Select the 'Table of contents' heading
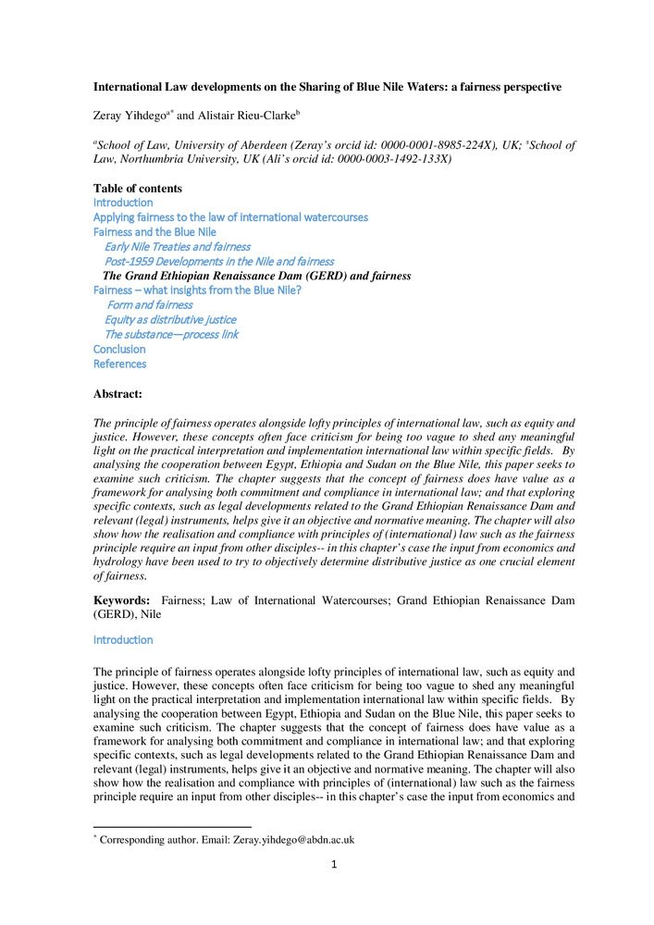(x=138, y=189)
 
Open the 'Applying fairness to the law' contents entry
(x=230, y=217)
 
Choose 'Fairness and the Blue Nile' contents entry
(x=154, y=232)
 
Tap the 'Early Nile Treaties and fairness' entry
(x=177, y=247)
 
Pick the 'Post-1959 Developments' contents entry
(x=219, y=262)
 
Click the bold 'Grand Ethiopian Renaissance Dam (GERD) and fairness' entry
(x=256, y=276)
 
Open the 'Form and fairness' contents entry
(x=150, y=305)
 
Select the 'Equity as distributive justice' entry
(x=170, y=320)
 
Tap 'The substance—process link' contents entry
(x=171, y=334)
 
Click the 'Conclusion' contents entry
(x=119, y=350)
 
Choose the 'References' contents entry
(x=119, y=364)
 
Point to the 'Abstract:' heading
(x=117, y=395)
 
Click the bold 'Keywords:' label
(x=123, y=601)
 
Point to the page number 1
(x=334, y=865)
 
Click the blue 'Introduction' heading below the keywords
(x=123, y=640)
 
